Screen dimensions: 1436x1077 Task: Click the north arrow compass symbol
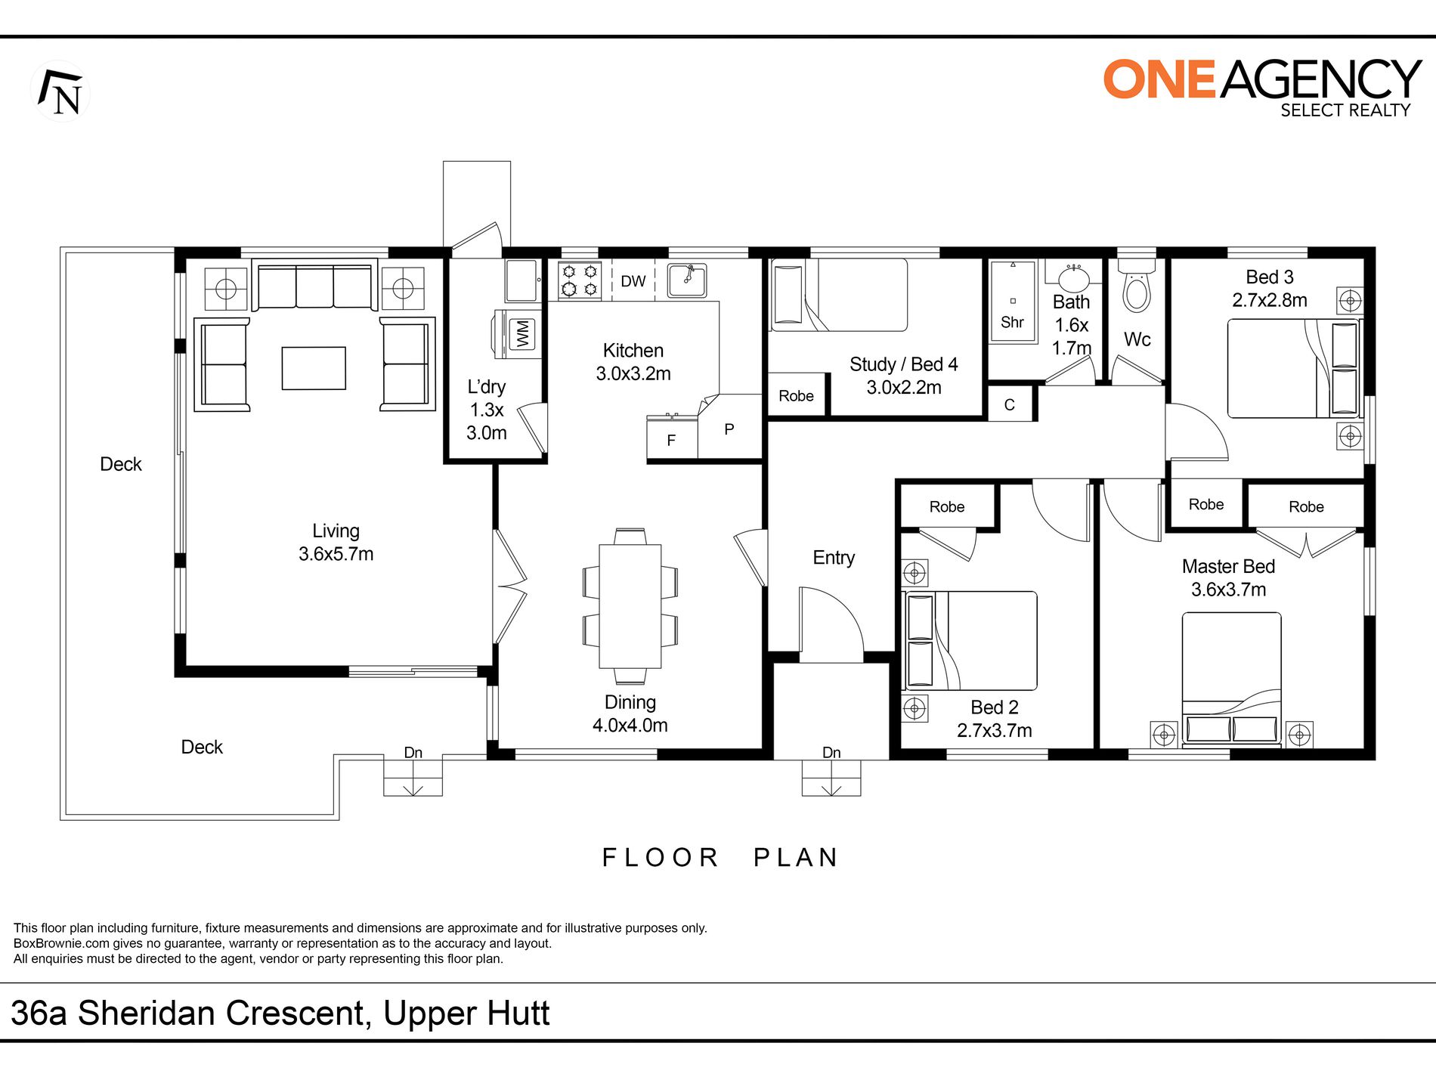60,91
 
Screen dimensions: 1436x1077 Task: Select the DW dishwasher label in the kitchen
633,281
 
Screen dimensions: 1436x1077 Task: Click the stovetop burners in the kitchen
580,280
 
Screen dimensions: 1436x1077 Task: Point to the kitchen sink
687,280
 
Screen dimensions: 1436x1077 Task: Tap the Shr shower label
1012,322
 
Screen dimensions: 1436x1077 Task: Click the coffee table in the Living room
314,368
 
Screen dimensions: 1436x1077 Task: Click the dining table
630,606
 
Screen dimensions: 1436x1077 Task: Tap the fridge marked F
672,438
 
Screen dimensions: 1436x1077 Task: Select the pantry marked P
729,429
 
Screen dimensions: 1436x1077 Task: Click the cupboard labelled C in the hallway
1010,404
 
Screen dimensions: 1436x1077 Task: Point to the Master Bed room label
1228,566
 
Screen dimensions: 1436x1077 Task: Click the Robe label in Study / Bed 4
796,395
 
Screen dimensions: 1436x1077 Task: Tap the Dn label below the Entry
831,752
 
